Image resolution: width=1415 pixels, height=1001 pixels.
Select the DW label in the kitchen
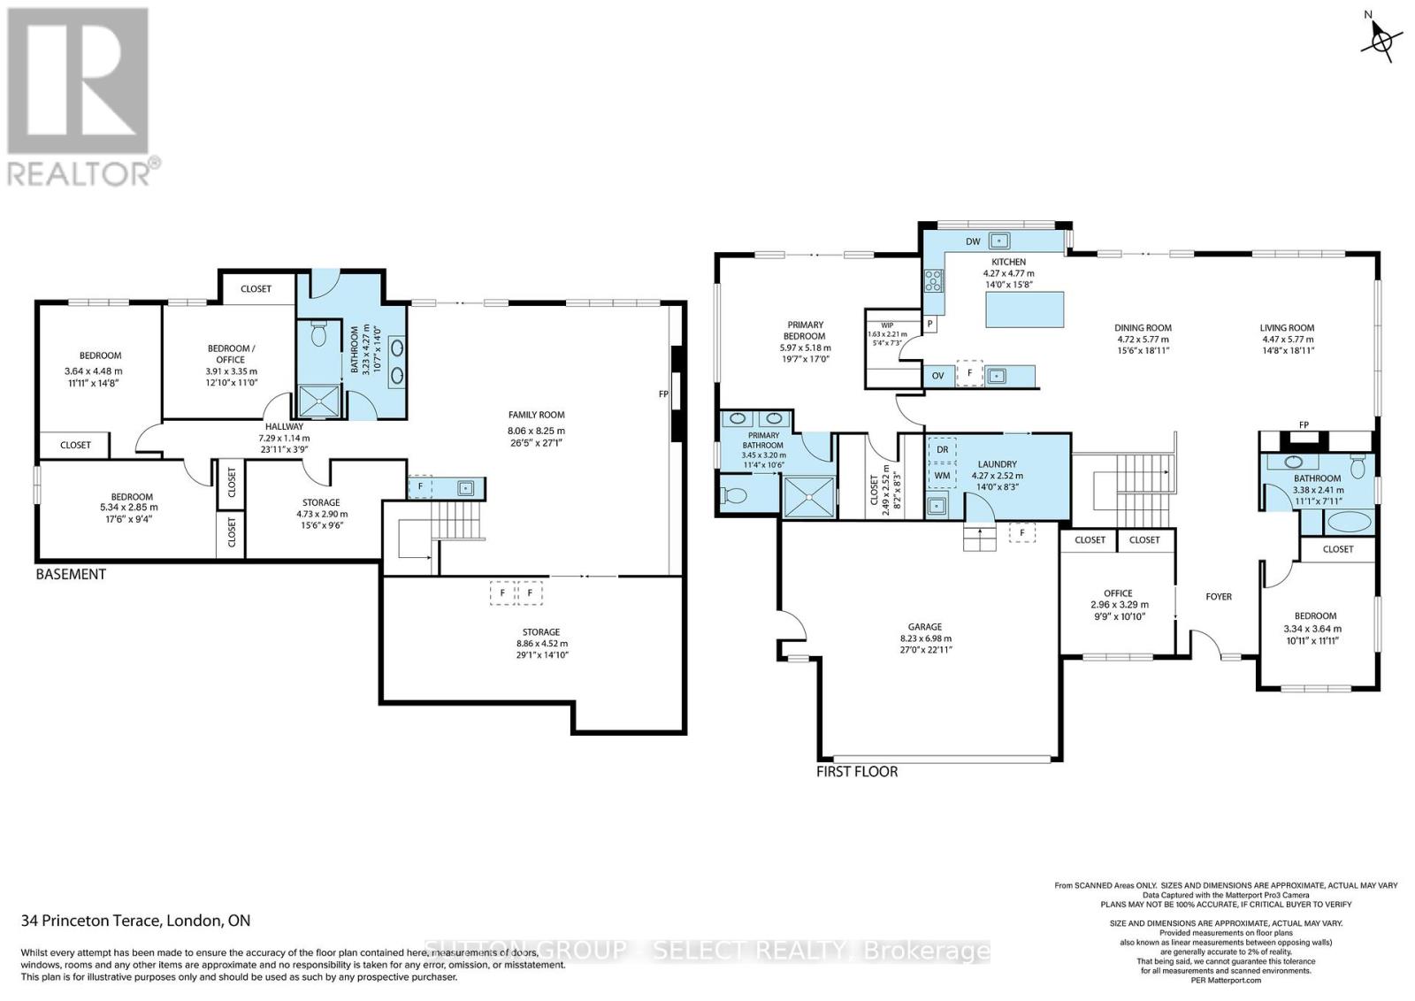click(x=973, y=241)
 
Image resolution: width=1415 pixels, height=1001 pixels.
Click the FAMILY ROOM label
click(x=536, y=415)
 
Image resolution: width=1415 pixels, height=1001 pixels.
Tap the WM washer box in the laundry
click(x=943, y=475)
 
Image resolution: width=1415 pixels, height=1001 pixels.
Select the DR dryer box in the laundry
click(x=943, y=450)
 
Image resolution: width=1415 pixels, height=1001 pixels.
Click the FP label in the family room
click(x=663, y=394)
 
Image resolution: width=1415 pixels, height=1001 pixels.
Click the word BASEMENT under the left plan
click(x=71, y=575)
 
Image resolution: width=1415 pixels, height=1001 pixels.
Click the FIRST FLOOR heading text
click(x=857, y=772)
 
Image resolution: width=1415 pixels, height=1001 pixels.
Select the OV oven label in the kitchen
click(x=938, y=376)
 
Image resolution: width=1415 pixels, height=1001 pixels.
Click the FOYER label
click(x=1219, y=597)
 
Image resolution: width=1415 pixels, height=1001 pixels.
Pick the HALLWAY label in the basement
click(x=284, y=426)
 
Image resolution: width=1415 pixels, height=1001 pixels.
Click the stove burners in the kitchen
click(x=933, y=280)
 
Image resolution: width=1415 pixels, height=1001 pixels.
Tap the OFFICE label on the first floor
click(x=1118, y=593)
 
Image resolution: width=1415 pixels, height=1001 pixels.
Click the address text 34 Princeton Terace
click(x=135, y=921)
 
